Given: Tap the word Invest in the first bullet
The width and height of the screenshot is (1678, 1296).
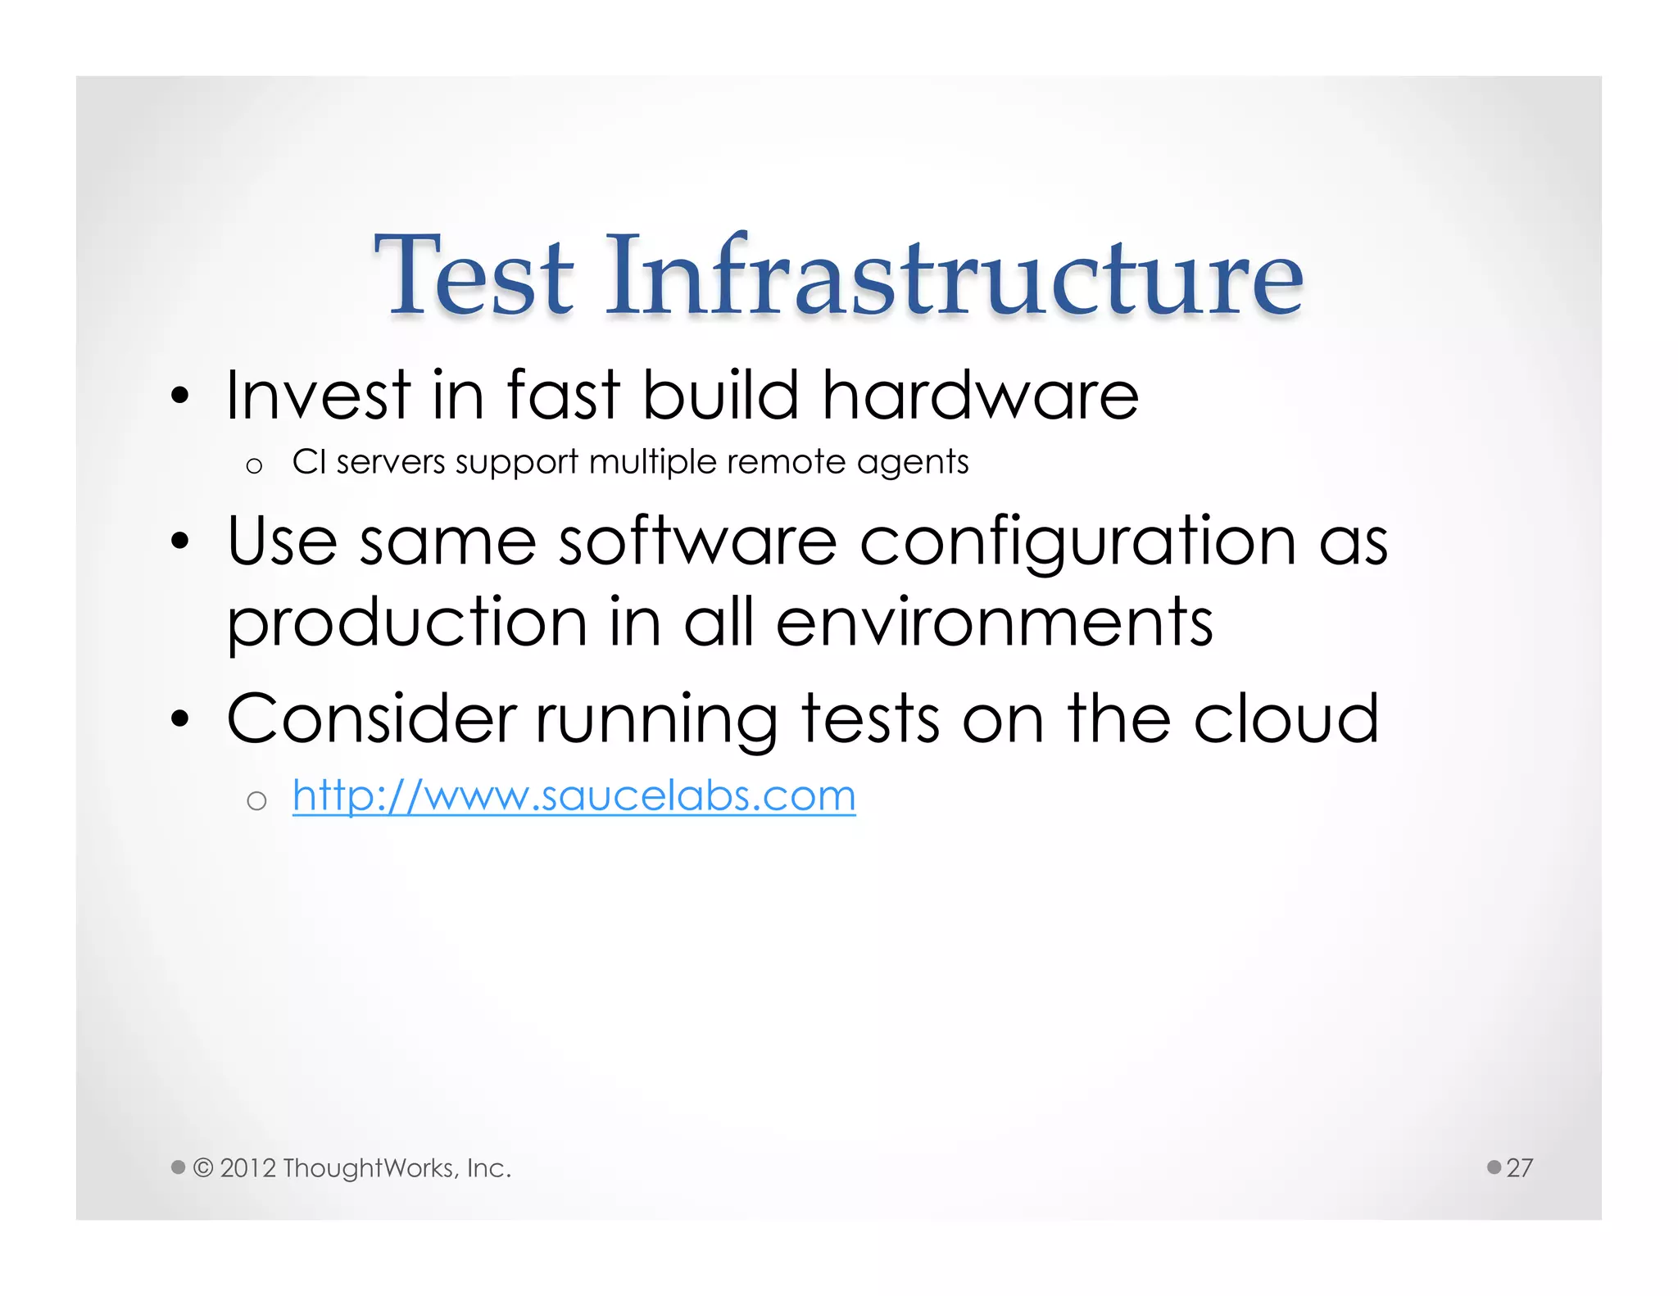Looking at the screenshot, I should pos(318,396).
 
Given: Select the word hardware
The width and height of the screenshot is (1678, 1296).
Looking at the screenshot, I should pos(980,396).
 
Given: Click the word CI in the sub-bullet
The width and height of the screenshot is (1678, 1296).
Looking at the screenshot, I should pos(310,462).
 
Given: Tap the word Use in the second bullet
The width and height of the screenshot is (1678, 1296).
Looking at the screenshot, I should pos(282,542).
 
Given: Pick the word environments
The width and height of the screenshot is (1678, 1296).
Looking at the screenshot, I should pos(994,623).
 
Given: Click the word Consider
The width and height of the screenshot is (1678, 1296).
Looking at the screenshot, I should pos(371,718).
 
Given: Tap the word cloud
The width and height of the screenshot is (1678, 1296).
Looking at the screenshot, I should pos(1286,718).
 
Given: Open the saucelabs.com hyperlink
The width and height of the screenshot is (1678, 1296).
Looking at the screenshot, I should pos(574,796).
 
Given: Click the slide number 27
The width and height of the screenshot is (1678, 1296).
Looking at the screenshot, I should pos(1519,1167).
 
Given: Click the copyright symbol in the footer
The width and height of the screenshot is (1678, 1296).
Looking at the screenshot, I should pos(203,1167).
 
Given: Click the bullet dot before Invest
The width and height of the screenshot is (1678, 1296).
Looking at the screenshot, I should pos(180,397).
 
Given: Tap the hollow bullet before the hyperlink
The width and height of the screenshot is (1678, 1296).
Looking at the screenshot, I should pos(256,800).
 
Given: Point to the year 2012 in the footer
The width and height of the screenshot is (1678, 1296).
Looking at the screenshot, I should pos(248,1168).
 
